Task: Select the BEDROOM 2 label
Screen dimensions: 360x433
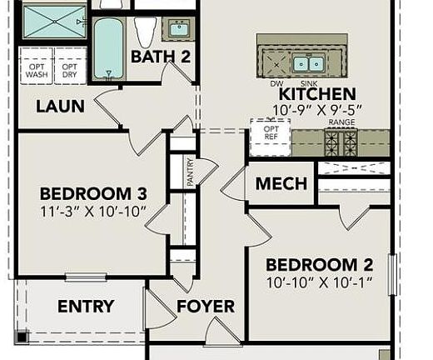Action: (x=319, y=265)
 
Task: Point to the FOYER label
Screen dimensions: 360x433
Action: (x=206, y=307)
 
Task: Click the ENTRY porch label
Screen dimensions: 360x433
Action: (x=85, y=307)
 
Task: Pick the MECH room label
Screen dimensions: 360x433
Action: (x=281, y=184)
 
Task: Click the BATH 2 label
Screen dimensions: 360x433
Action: (x=161, y=57)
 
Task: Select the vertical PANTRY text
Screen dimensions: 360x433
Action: (x=190, y=172)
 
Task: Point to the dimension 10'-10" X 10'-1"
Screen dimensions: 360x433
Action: (x=319, y=282)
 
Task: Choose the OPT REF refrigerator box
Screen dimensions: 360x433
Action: (x=271, y=134)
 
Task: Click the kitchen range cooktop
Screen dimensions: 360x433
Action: (x=340, y=142)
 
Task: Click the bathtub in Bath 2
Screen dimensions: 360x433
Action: (x=107, y=48)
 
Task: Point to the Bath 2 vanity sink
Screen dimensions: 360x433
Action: (x=178, y=29)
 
